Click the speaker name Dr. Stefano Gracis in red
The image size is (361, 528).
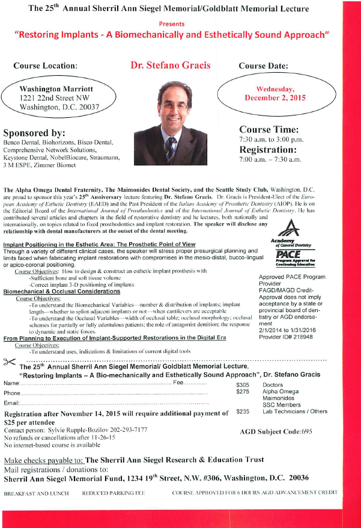170,64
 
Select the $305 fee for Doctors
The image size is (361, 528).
243,384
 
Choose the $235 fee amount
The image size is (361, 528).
243,411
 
